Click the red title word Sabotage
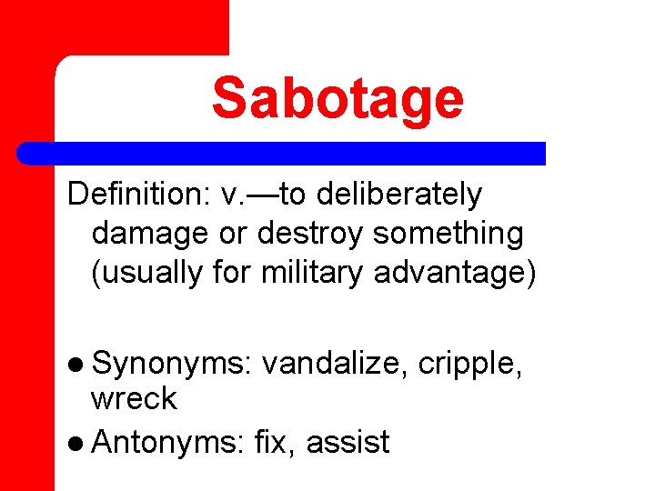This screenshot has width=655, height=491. coord(338,98)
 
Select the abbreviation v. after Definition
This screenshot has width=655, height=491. coord(231,195)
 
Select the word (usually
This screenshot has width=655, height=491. coord(145,273)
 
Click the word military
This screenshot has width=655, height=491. coord(304,273)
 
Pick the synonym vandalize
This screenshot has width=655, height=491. coord(335,363)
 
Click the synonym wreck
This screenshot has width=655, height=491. coord(135,398)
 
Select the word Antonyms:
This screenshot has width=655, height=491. coord(169,442)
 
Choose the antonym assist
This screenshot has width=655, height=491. coord(348,442)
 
